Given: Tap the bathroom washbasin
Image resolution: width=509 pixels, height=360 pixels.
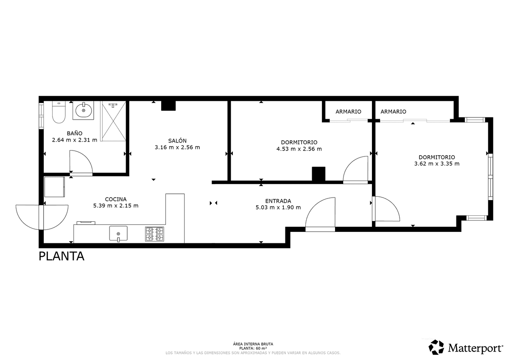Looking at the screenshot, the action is coord(84,110).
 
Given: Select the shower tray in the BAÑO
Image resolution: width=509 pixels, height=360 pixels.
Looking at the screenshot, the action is coord(113,121).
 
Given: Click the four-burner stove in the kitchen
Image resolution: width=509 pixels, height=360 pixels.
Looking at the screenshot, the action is coord(154,234).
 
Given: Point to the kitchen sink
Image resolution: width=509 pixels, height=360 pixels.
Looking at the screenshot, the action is coord(118,234).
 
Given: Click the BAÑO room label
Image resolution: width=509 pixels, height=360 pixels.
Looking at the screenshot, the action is coord(75,133).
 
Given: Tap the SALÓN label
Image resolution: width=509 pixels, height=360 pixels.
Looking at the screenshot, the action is coord(177,141).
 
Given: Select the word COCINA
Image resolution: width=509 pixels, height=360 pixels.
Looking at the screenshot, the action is coord(116,199).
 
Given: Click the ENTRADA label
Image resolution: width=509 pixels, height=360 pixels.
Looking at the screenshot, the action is coord(278,201).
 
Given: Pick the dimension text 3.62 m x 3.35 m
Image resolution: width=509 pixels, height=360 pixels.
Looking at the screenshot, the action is coord(437,164).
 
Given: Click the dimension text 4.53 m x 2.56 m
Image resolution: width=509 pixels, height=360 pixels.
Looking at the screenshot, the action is coord(299,149).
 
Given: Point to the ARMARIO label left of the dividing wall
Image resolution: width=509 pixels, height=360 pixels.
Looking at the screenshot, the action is coord(348,112).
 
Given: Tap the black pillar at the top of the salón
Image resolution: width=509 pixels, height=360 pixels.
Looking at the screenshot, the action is coord(168,106).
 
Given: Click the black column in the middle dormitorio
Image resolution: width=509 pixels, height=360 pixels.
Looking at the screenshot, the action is coord(319,174).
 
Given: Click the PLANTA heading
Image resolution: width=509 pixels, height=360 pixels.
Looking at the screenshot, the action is coord(62,257).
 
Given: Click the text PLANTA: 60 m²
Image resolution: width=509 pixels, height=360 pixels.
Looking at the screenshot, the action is coord(253,349).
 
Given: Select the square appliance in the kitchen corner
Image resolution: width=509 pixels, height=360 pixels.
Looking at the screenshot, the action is coord(55,187).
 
